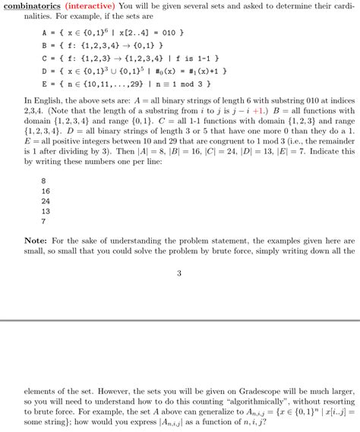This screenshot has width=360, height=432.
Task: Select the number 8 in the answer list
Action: tap(43, 180)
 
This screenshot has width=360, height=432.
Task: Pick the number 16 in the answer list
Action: tap(46, 191)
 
